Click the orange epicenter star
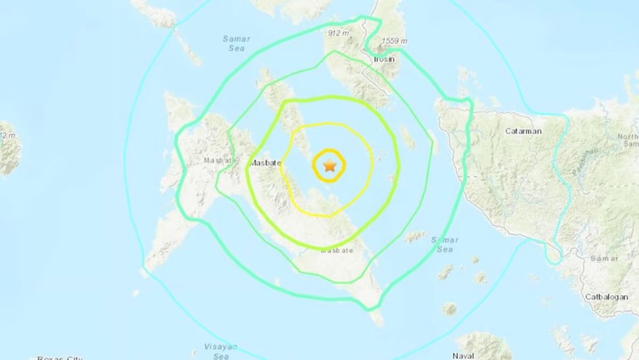coord(330,165)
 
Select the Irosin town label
coord(383,60)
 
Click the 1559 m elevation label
coord(404,41)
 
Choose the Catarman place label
coord(523,132)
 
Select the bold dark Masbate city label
coord(263,164)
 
